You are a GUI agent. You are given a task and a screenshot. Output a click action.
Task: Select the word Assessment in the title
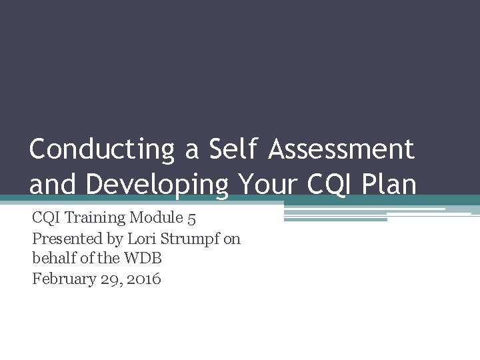(342, 149)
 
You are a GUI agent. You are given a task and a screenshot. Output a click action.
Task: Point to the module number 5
(191, 217)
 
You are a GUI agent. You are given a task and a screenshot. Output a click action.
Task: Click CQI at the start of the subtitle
(45, 217)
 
